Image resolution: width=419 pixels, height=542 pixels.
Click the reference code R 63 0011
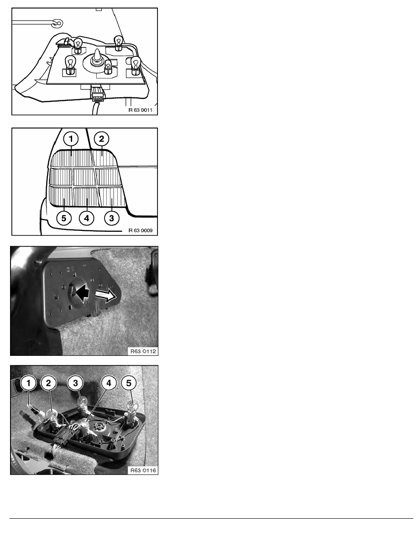[x=141, y=110]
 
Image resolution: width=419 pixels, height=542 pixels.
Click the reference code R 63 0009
[x=141, y=230]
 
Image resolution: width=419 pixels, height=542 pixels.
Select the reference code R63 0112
[x=143, y=351]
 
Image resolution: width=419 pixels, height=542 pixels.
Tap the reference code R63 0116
[x=143, y=470]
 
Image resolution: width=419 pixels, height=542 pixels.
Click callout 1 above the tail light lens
[x=71, y=139]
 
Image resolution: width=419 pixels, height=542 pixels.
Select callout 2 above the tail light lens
[x=101, y=139]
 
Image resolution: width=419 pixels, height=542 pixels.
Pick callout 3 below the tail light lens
[x=111, y=218]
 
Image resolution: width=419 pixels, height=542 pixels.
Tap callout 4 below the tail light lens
[x=86, y=218]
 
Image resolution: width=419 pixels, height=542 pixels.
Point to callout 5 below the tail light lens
[x=63, y=218]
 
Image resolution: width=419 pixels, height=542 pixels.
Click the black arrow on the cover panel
[x=82, y=293]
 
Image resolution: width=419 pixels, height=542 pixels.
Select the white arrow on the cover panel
[x=105, y=295]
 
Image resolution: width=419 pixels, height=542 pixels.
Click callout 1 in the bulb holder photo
[x=29, y=383]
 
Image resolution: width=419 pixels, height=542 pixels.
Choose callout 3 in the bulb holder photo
[x=75, y=383]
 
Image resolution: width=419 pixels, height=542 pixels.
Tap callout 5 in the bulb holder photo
[x=129, y=383]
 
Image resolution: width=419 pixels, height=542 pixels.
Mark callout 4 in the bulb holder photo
[x=109, y=383]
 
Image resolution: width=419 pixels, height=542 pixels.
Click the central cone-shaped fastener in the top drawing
[x=96, y=58]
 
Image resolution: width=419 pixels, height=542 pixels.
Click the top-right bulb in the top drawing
[x=119, y=43]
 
